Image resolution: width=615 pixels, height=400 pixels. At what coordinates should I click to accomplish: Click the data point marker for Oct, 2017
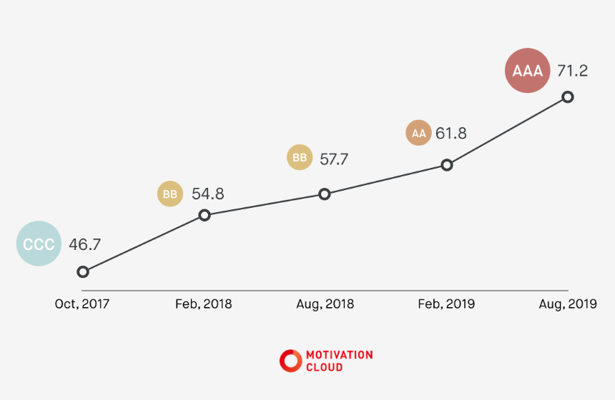click(x=83, y=271)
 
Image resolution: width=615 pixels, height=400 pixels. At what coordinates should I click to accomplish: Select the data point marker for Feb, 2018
click(x=205, y=215)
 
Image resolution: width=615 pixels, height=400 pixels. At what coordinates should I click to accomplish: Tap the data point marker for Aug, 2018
click(x=325, y=194)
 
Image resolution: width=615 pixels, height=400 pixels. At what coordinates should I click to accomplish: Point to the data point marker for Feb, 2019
click(x=447, y=165)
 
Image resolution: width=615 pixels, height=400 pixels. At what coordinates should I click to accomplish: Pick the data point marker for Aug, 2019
click(x=568, y=96)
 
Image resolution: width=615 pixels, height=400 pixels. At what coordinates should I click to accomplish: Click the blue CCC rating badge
click(x=39, y=244)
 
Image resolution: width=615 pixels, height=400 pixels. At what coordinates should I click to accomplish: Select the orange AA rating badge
click(x=418, y=134)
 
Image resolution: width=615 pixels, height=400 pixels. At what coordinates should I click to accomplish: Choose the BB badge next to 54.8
click(x=169, y=194)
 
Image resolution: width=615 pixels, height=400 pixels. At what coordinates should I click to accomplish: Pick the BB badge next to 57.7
click(x=300, y=158)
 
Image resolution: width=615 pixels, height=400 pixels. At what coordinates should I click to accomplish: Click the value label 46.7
click(x=84, y=244)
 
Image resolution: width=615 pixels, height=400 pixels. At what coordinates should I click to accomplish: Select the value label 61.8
click(x=451, y=134)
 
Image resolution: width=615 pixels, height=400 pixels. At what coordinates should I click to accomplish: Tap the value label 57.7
click(x=333, y=159)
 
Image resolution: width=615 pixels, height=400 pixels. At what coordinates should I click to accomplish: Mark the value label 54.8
click(x=207, y=194)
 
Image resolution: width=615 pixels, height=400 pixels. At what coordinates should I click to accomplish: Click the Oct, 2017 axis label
click(x=82, y=304)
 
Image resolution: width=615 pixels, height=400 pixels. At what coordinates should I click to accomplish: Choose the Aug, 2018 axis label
click(x=325, y=304)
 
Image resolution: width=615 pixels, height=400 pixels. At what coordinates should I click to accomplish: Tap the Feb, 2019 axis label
click(x=446, y=304)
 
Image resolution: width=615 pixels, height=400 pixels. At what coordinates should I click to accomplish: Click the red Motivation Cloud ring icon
click(x=290, y=361)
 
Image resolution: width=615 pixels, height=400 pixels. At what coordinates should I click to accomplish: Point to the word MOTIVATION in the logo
click(x=339, y=355)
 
